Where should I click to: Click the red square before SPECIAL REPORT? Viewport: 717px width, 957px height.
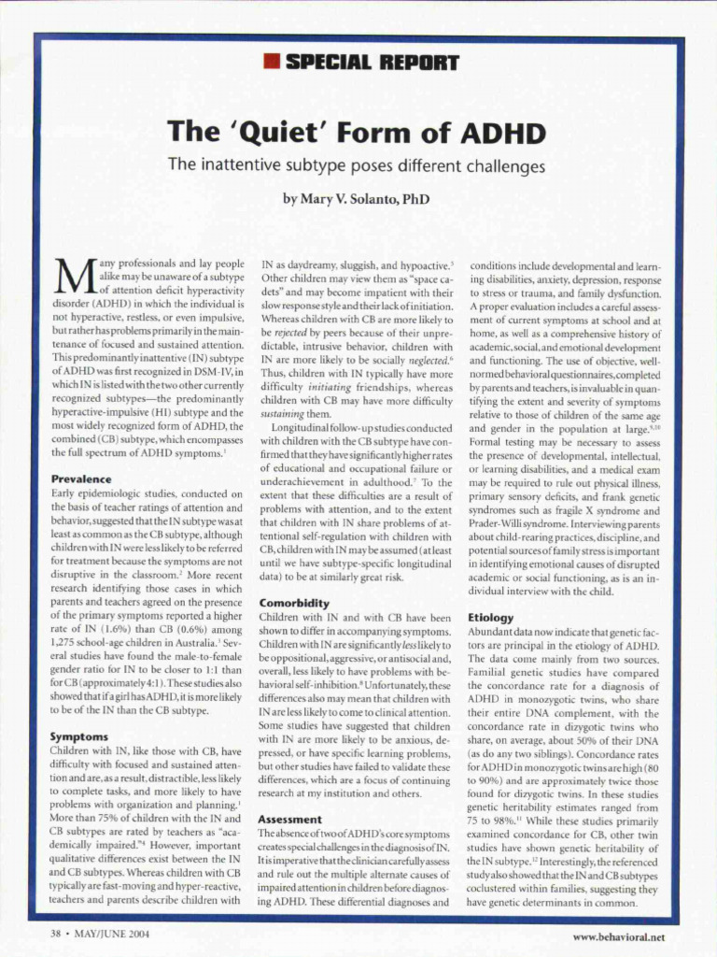click(x=272, y=64)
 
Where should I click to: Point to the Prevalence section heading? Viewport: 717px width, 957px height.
click(x=82, y=478)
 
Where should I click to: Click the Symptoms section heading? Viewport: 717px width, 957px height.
click(x=78, y=736)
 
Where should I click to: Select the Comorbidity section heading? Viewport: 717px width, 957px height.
click(x=294, y=603)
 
